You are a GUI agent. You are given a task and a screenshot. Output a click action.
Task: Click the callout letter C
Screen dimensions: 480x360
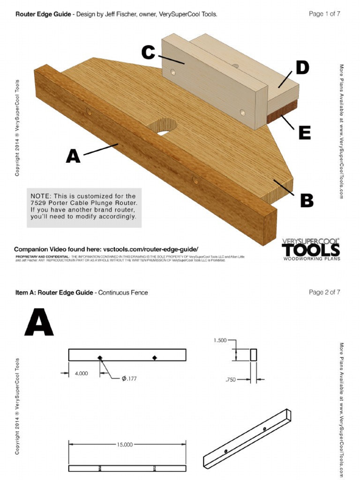tap(148, 53)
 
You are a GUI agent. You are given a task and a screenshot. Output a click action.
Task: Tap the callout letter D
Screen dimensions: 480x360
tap(302, 68)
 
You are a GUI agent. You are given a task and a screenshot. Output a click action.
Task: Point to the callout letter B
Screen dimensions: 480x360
tap(307, 200)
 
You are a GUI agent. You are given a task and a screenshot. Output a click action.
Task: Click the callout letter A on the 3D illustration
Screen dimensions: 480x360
tap(73, 156)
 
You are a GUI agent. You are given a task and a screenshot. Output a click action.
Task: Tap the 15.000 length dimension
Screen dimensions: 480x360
tap(125, 444)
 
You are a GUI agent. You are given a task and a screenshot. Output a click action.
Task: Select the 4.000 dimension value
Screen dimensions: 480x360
tap(82, 374)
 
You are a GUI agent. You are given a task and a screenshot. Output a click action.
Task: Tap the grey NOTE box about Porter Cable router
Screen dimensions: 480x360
tap(84, 207)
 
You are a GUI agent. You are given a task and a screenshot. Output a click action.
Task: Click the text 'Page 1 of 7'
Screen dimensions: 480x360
tap(324, 14)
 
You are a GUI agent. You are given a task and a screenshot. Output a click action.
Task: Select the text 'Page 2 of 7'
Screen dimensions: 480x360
tap(324, 292)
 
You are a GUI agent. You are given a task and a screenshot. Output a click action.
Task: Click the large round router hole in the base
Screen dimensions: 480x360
tap(163, 127)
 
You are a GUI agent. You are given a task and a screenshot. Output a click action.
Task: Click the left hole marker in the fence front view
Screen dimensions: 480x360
tap(100, 358)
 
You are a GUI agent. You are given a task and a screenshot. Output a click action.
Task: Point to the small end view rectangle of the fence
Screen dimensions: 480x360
tap(254, 355)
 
